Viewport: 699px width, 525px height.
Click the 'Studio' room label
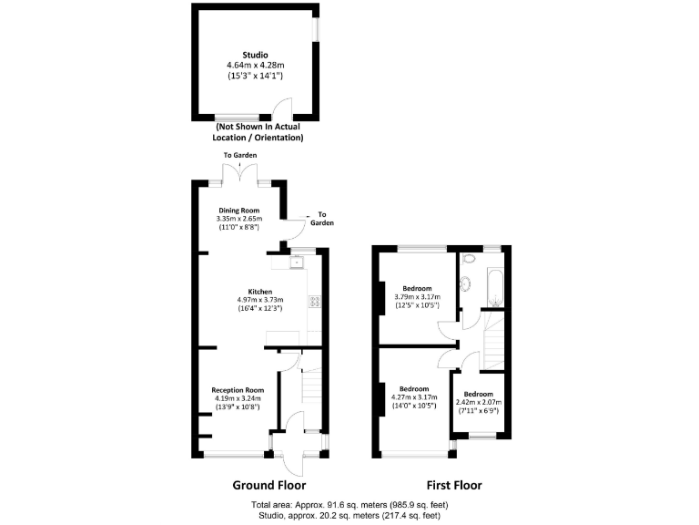(255, 55)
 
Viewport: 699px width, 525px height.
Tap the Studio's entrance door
(283, 110)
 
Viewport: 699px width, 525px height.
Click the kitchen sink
(296, 263)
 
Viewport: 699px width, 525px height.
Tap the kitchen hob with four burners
(315, 301)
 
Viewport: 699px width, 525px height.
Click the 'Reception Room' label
(238, 390)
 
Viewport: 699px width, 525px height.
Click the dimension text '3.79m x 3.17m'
(417, 296)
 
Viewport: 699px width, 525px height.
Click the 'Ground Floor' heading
(269, 485)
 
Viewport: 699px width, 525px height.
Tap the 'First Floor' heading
(454, 485)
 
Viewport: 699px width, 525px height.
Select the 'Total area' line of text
(349, 504)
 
